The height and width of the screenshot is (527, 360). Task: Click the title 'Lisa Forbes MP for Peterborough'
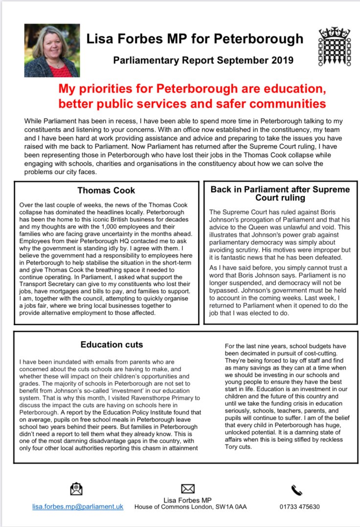tap(195, 39)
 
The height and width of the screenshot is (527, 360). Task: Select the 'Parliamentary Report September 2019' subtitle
tap(203, 61)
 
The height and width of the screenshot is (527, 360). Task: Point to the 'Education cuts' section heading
tap(112, 345)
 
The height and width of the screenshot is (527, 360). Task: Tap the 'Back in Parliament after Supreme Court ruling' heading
tap(280, 194)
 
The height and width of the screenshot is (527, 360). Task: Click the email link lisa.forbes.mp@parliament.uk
tap(78, 506)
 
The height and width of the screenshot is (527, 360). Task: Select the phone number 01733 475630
tap(299, 506)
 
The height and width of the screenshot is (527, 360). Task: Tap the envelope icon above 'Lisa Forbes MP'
tap(188, 488)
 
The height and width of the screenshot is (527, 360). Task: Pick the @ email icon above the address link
tap(76, 488)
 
